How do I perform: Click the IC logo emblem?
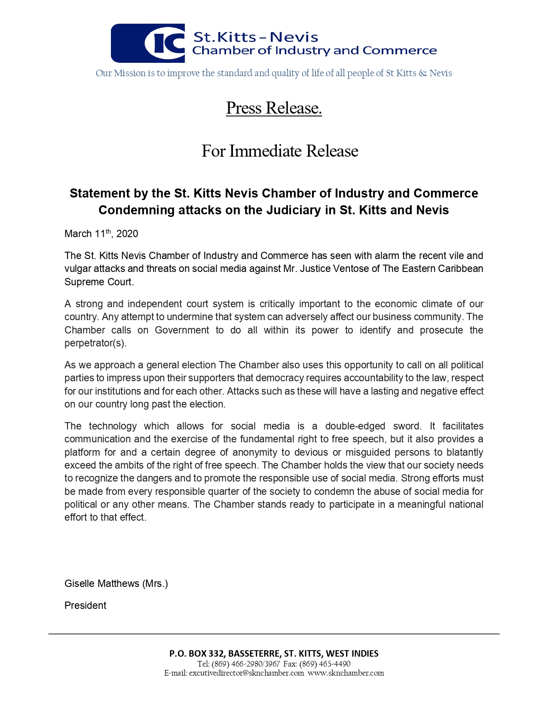(x=148, y=43)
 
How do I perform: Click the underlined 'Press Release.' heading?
(x=274, y=108)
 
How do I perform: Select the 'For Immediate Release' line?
(x=280, y=151)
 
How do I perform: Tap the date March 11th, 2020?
(x=101, y=234)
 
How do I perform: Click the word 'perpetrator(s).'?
(x=95, y=343)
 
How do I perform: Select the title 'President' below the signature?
(x=85, y=605)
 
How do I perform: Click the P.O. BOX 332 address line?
(x=274, y=654)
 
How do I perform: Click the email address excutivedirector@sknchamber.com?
(x=246, y=673)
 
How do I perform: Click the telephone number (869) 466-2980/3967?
(x=245, y=664)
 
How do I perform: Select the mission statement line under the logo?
(x=274, y=73)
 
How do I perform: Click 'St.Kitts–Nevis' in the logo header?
(x=256, y=37)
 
